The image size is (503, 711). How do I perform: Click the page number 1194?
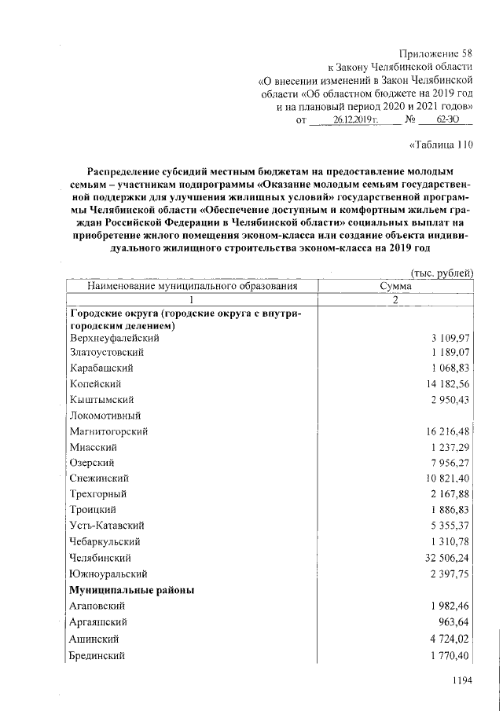(457, 682)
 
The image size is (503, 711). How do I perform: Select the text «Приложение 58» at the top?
(436, 54)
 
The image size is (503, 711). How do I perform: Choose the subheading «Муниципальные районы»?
(132, 589)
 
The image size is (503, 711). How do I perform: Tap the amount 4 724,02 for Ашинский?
(449, 639)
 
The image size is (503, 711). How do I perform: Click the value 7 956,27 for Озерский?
(449, 463)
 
